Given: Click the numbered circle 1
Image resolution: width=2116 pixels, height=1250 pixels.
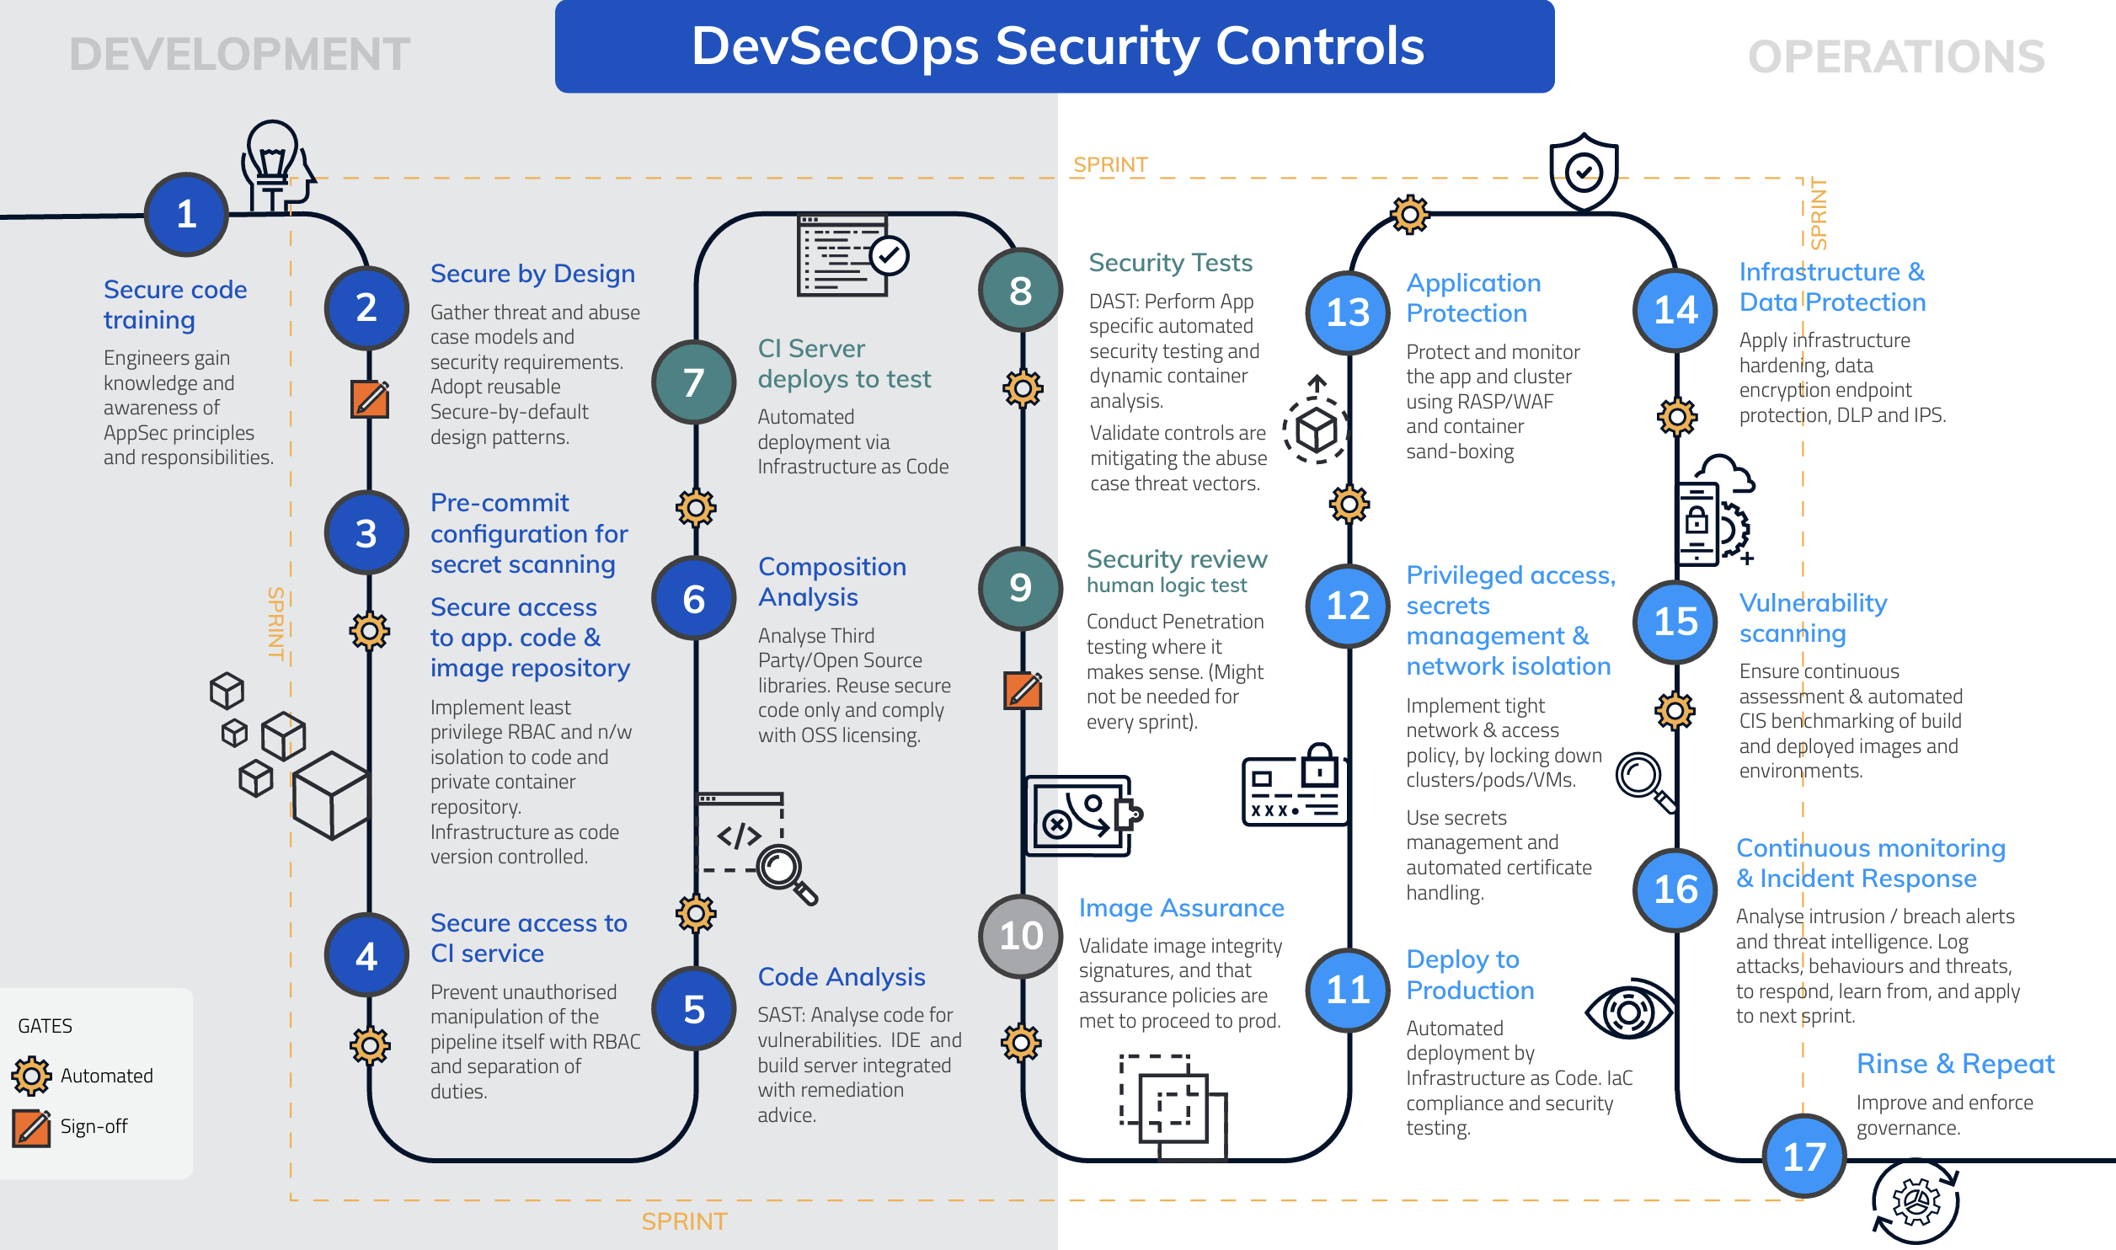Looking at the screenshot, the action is [186, 214].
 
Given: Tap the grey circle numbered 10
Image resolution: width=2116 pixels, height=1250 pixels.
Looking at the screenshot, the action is [1021, 936].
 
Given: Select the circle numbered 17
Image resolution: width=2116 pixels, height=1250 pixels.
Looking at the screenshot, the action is [1804, 1157].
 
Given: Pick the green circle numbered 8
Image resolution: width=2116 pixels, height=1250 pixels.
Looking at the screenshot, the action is [1021, 291].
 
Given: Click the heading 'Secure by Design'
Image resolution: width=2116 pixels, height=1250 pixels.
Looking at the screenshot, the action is [532, 274].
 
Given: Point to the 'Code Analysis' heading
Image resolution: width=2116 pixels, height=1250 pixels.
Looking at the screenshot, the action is [842, 976].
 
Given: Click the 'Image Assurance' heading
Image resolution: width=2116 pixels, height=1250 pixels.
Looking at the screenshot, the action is [1181, 907].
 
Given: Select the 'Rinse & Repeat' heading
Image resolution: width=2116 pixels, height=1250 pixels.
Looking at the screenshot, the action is [1955, 1064].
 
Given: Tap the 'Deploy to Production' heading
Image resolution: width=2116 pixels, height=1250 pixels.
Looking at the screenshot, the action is [1470, 975].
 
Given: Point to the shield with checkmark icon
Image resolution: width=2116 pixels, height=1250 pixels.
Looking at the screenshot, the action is [1584, 172].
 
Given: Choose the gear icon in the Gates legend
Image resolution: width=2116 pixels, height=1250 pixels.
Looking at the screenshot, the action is [31, 1076].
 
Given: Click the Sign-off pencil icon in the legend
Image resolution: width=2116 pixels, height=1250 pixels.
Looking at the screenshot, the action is [32, 1127].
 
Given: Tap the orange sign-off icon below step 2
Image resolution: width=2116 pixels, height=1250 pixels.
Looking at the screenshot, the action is [370, 398].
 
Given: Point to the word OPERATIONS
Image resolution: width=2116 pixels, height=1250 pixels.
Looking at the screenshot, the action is [1896, 56].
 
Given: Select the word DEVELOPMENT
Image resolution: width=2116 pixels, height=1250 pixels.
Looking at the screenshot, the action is [239, 54].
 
